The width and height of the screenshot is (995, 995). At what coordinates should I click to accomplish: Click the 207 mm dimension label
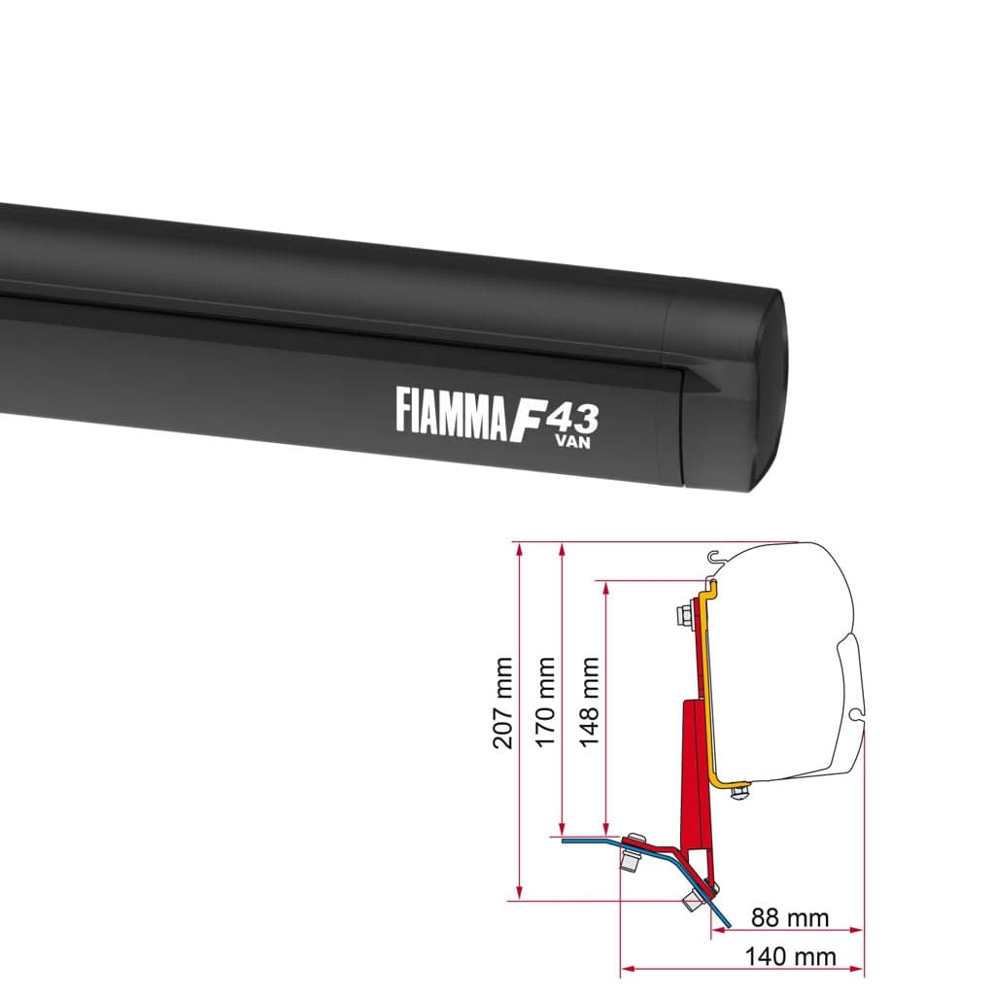click(503, 703)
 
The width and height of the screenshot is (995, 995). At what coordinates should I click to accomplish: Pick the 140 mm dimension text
click(790, 957)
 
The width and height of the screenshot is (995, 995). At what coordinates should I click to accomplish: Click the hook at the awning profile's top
click(716, 559)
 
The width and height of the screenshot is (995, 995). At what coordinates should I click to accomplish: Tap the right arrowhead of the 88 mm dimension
click(858, 930)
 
